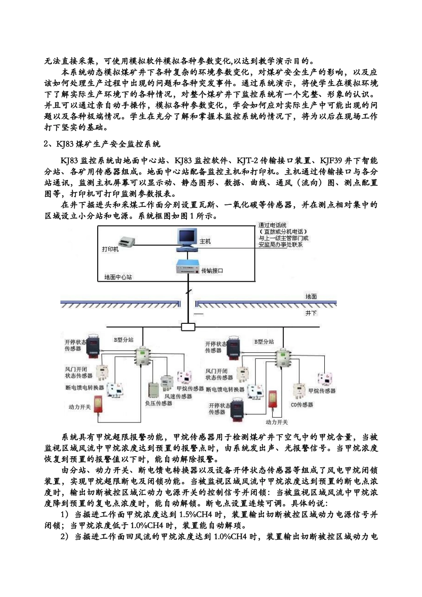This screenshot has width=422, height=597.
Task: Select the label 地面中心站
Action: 118,277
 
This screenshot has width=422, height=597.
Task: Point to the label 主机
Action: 205,241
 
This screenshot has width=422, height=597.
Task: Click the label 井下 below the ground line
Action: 311,313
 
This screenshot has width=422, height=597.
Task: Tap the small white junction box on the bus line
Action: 188,327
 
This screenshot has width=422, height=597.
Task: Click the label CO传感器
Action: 302,405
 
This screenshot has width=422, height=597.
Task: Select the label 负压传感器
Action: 159,403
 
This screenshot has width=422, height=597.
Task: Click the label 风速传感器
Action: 178,396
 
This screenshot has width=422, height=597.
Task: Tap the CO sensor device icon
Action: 299,390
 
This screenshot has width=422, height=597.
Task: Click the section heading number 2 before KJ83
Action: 46,144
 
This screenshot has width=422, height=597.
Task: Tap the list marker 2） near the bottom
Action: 65,537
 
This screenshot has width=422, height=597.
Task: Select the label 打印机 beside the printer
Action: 111,249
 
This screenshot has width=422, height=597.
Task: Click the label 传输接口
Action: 212,271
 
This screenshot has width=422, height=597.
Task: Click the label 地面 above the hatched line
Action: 311,296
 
